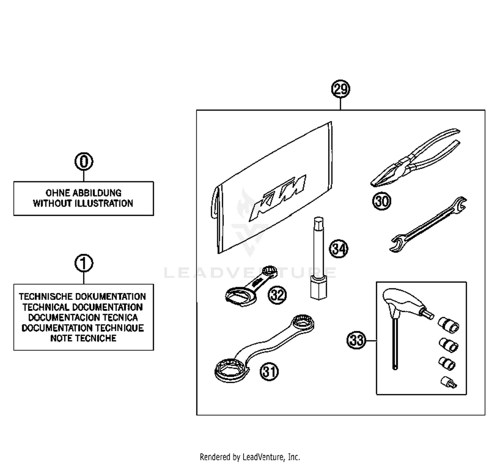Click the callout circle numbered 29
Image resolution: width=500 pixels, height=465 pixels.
(x=340, y=89)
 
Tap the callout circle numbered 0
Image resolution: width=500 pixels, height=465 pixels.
(x=84, y=161)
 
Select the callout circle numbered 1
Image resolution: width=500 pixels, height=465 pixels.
(x=84, y=263)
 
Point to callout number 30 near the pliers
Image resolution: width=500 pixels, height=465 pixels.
(x=381, y=201)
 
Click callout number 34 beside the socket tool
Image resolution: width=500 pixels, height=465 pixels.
(x=338, y=249)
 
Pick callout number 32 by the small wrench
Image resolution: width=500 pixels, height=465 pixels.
(x=277, y=295)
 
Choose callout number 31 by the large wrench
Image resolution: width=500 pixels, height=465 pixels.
(x=269, y=371)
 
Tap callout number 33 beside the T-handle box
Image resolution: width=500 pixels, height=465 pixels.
(x=356, y=340)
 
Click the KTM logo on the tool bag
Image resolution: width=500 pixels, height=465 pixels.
(x=278, y=197)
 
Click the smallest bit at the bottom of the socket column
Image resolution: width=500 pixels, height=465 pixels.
(x=448, y=382)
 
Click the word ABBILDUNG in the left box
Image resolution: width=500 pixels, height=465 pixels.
(x=97, y=193)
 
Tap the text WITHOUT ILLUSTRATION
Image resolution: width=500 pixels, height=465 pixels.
(x=83, y=203)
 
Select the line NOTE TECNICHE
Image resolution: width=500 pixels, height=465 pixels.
(x=83, y=338)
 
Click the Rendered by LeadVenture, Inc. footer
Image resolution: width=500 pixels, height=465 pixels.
(x=250, y=457)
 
